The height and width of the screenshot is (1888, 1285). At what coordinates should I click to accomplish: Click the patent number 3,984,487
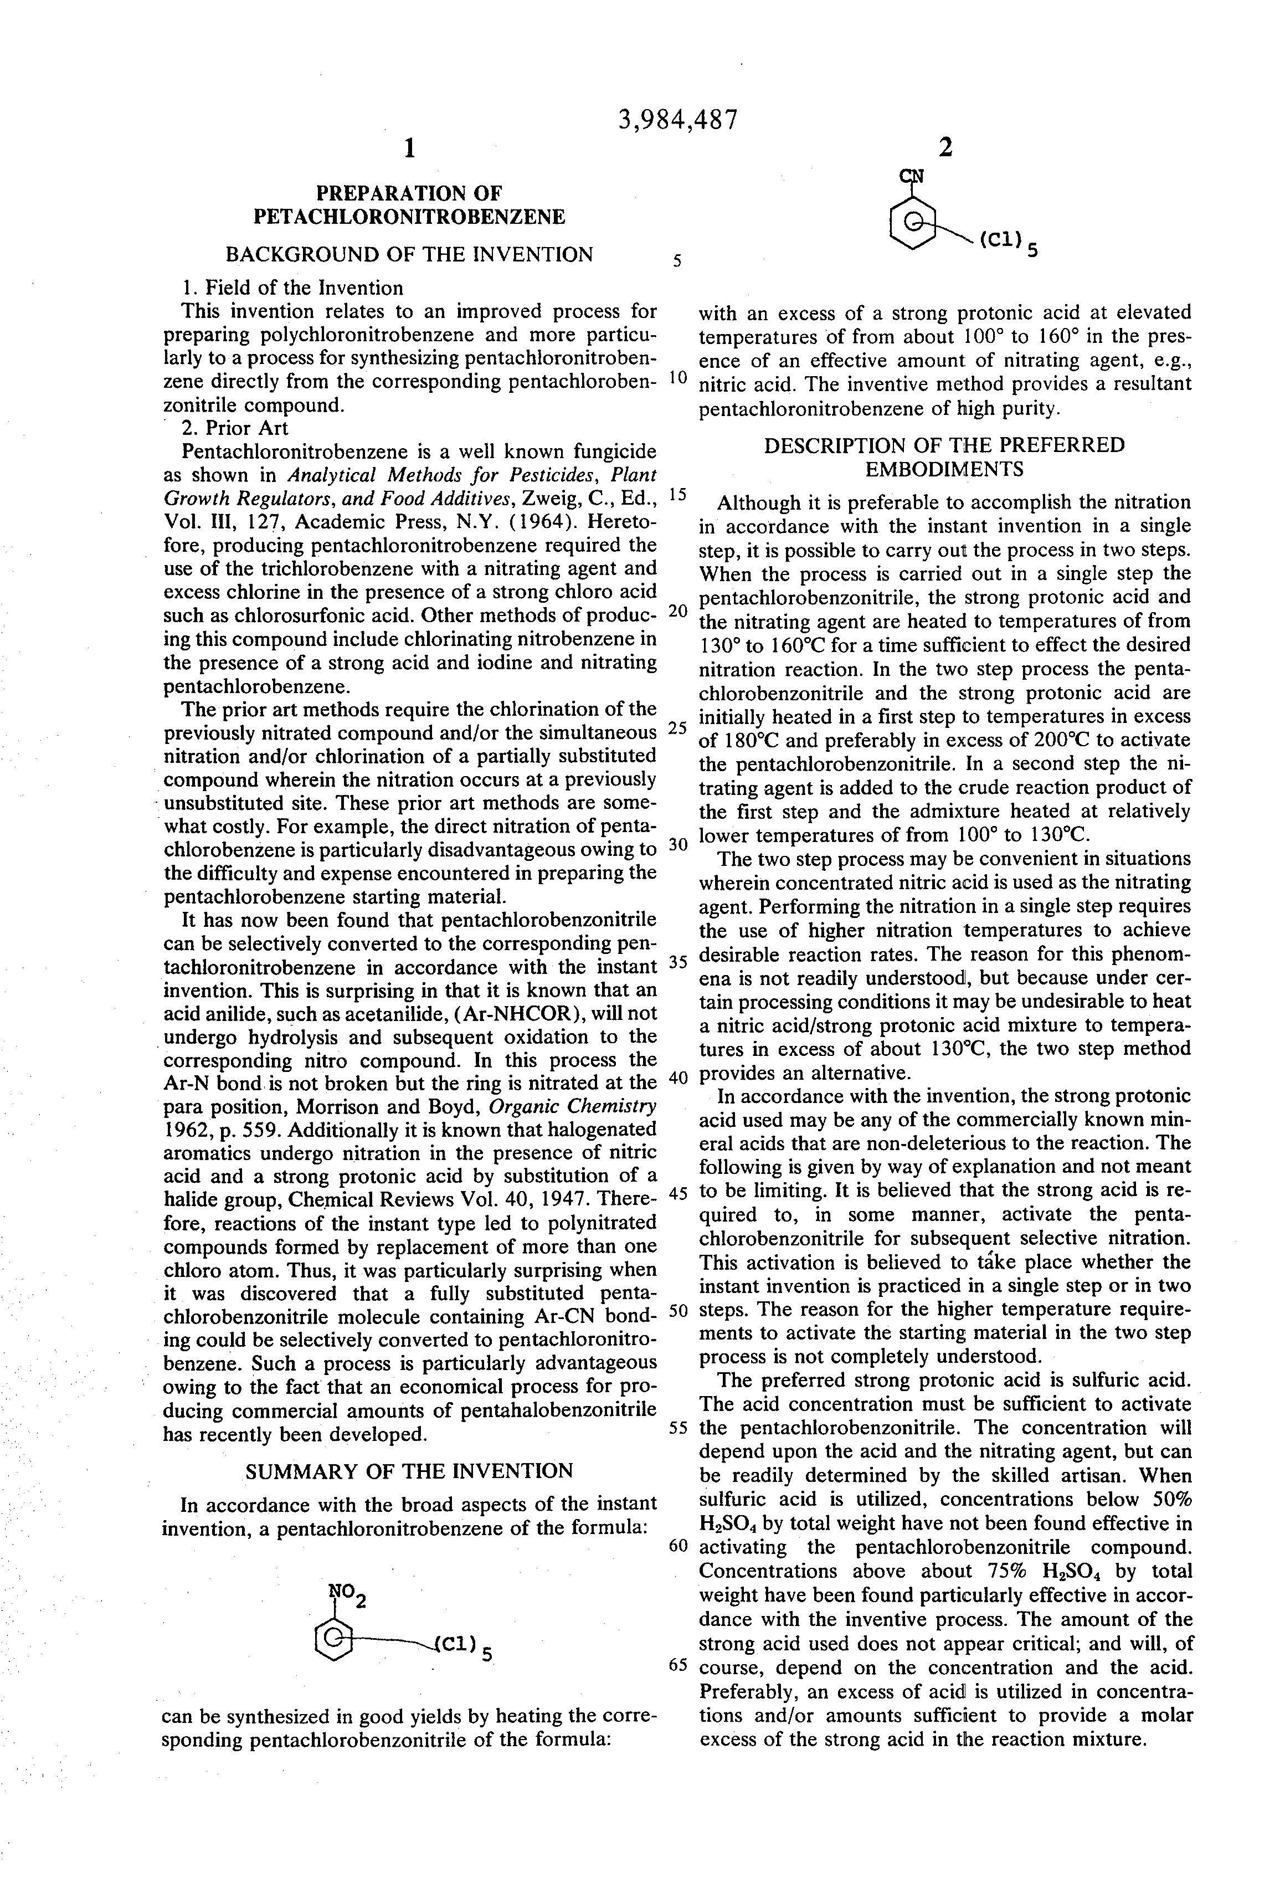679,120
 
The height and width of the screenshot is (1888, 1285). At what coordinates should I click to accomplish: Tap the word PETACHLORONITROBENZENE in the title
409,217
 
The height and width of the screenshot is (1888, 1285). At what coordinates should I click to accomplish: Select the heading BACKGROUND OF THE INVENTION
409,254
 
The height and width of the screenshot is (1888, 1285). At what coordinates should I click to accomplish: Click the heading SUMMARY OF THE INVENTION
409,1471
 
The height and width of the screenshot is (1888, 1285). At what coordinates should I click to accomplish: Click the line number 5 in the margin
677,261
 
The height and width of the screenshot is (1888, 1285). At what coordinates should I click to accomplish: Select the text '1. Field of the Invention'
292,288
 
